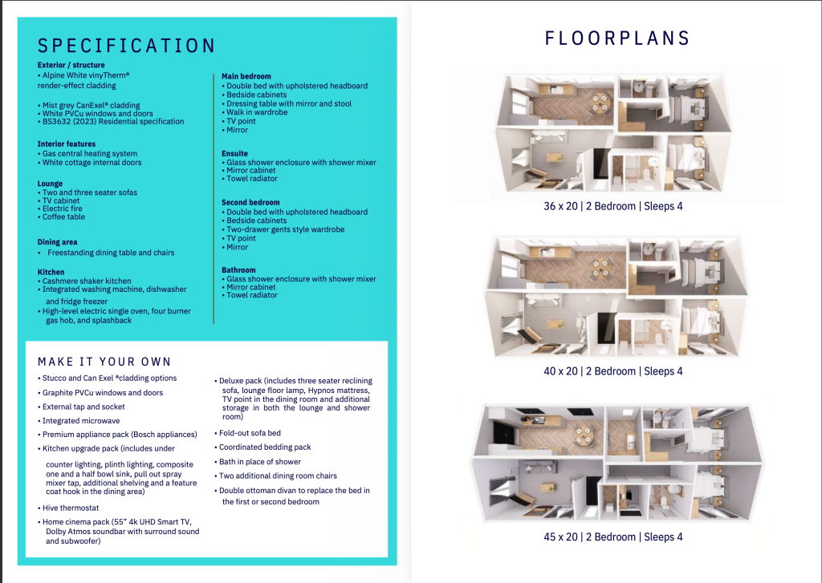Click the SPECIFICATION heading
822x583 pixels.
point(127,46)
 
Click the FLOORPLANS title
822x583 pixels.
point(617,38)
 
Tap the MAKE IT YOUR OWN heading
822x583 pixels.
point(104,362)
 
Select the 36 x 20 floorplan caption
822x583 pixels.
point(613,206)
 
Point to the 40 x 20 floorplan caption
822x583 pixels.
point(612,371)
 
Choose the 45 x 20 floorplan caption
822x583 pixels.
point(612,537)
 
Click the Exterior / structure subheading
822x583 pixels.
point(71,65)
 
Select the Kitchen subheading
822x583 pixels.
point(51,272)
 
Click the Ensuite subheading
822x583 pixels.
point(234,153)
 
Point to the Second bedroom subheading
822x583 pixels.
point(250,203)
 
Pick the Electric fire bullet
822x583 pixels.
point(64,209)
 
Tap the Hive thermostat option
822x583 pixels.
point(72,508)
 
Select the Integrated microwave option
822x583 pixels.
point(80,421)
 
